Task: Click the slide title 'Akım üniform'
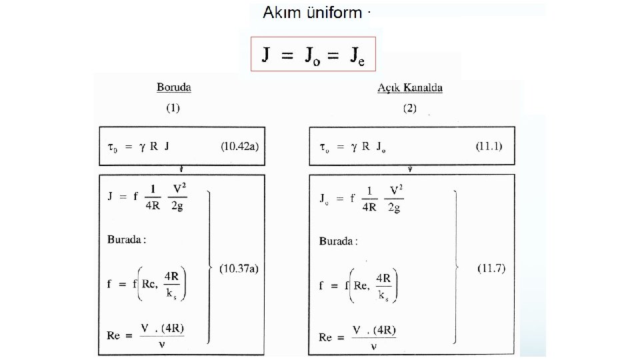coord(312,13)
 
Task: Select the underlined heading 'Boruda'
coord(173,87)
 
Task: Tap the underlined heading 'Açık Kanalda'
coord(409,87)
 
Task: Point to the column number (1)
coord(173,107)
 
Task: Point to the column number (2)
coord(409,107)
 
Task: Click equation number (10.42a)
coord(239,146)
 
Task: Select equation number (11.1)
coord(490,145)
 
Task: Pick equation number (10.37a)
coord(238,269)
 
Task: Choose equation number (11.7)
coord(492,269)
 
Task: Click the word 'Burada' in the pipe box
coord(126,240)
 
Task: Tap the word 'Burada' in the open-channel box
coord(338,241)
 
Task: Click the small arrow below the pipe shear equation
coord(181,169)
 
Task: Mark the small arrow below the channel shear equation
coord(409,169)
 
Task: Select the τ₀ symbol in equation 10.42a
coord(112,147)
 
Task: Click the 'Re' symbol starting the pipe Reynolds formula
coord(113,336)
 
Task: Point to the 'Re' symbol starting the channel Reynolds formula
coord(325,337)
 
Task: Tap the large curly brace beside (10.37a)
coord(211,267)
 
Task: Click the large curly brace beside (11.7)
coord(456,267)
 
